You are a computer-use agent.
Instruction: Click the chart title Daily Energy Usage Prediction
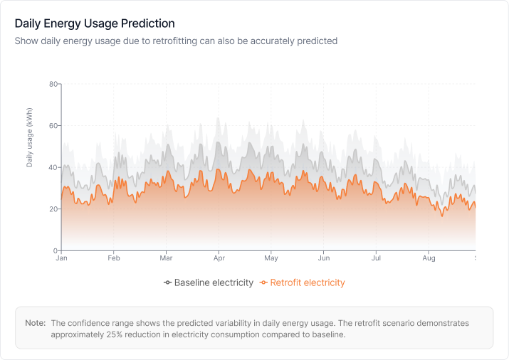pyautogui.click(x=95, y=24)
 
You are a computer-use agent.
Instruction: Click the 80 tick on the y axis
pyautogui.click(x=53, y=84)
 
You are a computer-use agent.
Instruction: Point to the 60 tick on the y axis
pyautogui.click(x=53, y=126)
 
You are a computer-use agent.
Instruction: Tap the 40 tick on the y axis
pyautogui.click(x=53, y=168)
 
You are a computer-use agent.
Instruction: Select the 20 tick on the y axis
pyautogui.click(x=53, y=209)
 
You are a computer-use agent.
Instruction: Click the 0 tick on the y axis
pyautogui.click(x=55, y=251)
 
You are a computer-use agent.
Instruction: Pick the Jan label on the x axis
pyautogui.click(x=61, y=259)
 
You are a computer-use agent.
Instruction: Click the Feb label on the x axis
pyautogui.click(x=113, y=259)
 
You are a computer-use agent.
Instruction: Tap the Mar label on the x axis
pyautogui.click(x=166, y=259)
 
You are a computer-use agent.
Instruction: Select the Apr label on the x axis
pyautogui.click(x=219, y=259)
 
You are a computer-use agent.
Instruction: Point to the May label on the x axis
pyautogui.click(x=271, y=259)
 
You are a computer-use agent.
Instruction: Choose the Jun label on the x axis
pyautogui.click(x=324, y=259)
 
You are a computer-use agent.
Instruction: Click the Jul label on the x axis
pyautogui.click(x=376, y=259)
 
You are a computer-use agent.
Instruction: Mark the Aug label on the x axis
pyautogui.click(x=428, y=259)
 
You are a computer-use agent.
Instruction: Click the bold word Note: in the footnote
pyautogui.click(x=36, y=323)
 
